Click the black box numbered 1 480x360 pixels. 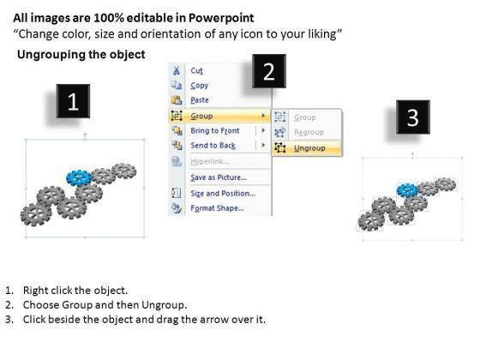click(73, 101)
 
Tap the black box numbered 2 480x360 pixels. click(269, 71)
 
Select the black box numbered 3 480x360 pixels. click(413, 117)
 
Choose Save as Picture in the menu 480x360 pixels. click(219, 177)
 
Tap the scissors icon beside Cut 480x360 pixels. click(177, 70)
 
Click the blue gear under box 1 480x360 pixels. click(79, 177)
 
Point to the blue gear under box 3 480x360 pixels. click(407, 190)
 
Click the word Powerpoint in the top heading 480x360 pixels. click(221, 18)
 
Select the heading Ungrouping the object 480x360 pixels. click(81, 55)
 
